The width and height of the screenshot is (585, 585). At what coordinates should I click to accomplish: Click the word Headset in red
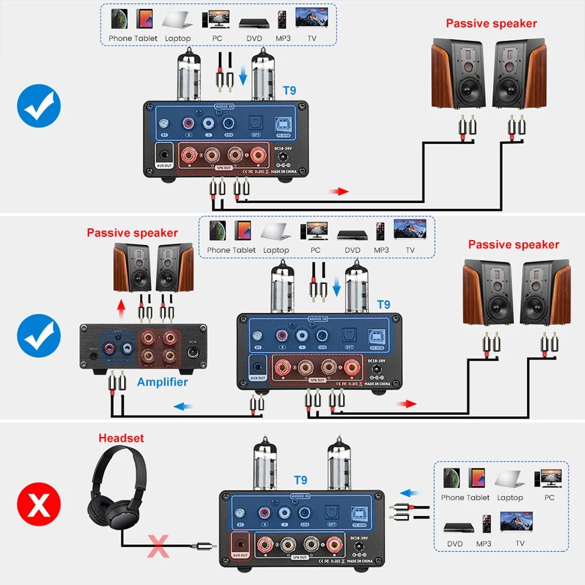tap(121, 438)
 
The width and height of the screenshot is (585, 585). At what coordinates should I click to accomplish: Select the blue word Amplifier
tap(162, 382)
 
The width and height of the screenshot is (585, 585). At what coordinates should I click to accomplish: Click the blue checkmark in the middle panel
tap(38, 335)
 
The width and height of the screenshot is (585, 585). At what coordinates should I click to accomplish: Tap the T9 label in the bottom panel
tap(301, 480)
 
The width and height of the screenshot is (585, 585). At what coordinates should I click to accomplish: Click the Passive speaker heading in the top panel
tap(491, 24)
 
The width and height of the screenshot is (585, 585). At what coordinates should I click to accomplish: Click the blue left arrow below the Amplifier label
tap(183, 405)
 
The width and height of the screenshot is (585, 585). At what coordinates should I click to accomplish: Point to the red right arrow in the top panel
tap(339, 191)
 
